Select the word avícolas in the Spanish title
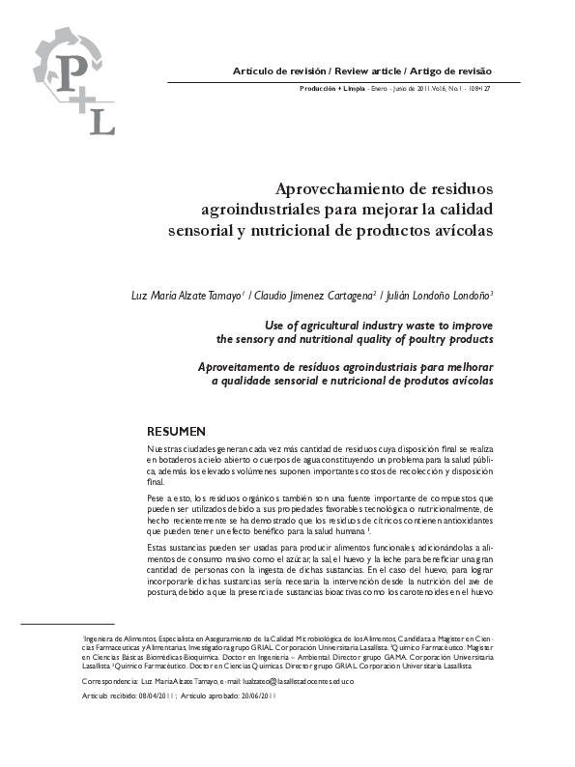click(x=456, y=232)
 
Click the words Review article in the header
click(x=366, y=72)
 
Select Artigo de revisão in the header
click(x=451, y=72)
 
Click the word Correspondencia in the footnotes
click(x=112, y=680)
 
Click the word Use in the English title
click(x=275, y=326)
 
